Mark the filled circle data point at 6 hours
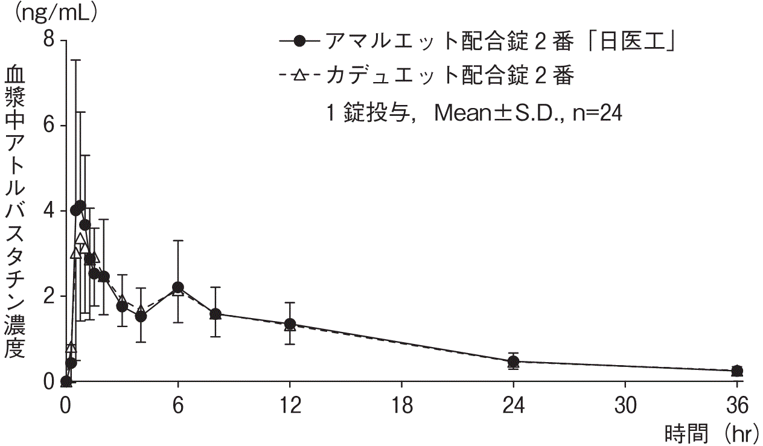point(177,287)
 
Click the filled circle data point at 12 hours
point(290,324)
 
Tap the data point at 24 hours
point(513,362)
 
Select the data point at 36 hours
point(736,371)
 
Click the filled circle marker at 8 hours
point(215,314)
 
